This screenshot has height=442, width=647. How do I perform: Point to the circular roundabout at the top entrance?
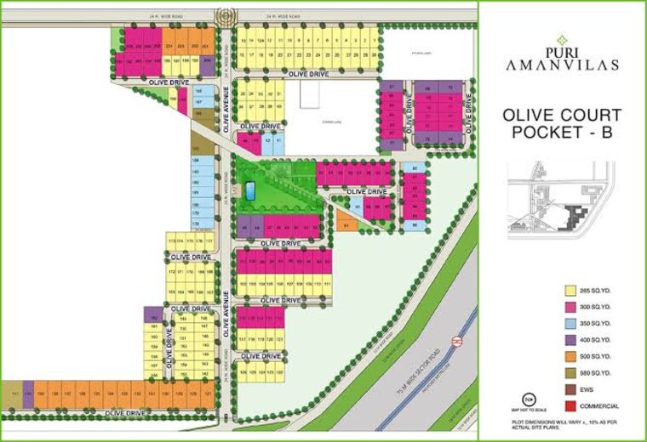click(223, 14)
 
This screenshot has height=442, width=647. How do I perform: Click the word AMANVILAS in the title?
click(560, 65)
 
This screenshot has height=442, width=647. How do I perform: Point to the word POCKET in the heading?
click(545, 133)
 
